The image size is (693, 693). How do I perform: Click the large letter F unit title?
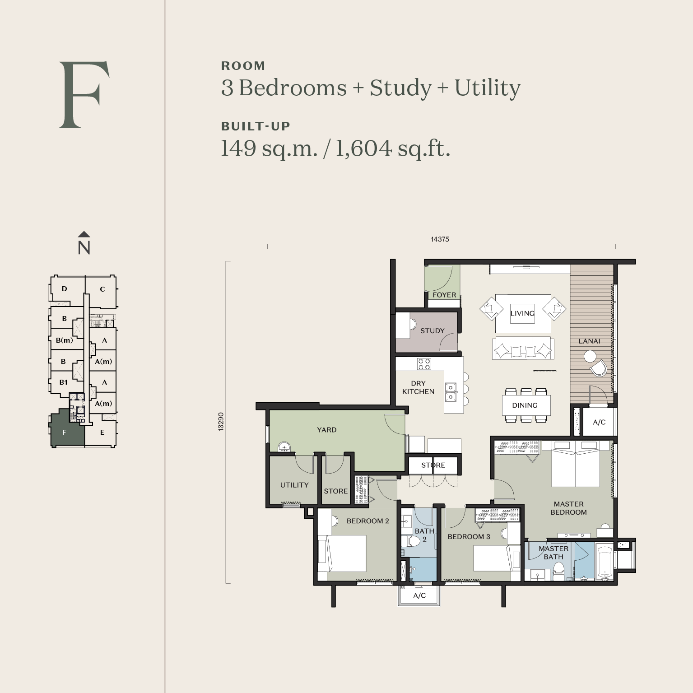pyautogui.click(x=84, y=94)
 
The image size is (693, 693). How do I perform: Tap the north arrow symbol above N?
pyautogui.click(x=84, y=234)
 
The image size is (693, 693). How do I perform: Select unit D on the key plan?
pyautogui.click(x=65, y=289)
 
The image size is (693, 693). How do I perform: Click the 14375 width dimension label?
pyautogui.click(x=440, y=239)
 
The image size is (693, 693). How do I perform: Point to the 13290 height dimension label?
pyautogui.click(x=221, y=422)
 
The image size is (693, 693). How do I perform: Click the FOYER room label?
pyautogui.click(x=444, y=295)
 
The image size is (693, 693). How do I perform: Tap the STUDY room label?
pyautogui.click(x=433, y=330)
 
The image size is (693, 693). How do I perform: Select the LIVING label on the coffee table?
pyautogui.click(x=522, y=313)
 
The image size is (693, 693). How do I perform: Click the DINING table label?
pyautogui.click(x=525, y=405)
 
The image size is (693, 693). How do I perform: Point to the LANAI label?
pyautogui.click(x=590, y=341)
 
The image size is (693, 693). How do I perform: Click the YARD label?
pyautogui.click(x=326, y=430)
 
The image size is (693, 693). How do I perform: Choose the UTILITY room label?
pyautogui.click(x=294, y=485)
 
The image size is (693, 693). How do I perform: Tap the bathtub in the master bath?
pyautogui.click(x=604, y=563)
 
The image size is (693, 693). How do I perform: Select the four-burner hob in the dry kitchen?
pyautogui.click(x=424, y=364)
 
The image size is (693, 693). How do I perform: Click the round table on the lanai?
pyautogui.click(x=590, y=357)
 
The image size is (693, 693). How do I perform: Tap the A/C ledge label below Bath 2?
pyautogui.click(x=419, y=595)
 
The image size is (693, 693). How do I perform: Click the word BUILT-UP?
pyautogui.click(x=256, y=126)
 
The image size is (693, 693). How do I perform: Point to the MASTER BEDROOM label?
pyautogui.click(x=568, y=508)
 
